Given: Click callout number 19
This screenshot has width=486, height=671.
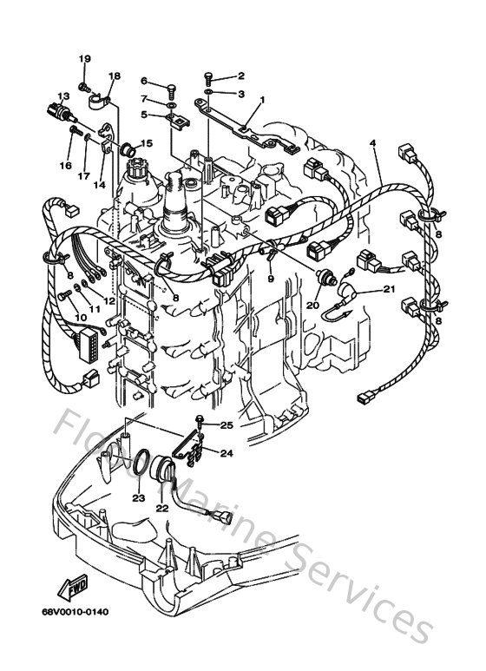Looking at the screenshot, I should click(x=85, y=58).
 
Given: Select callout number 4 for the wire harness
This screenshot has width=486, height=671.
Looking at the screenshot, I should click(x=373, y=141).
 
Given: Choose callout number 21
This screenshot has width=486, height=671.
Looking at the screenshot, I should click(x=389, y=291).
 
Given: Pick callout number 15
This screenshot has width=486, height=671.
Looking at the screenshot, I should click(x=146, y=143).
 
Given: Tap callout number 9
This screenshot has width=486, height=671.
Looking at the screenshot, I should click(x=271, y=279).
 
